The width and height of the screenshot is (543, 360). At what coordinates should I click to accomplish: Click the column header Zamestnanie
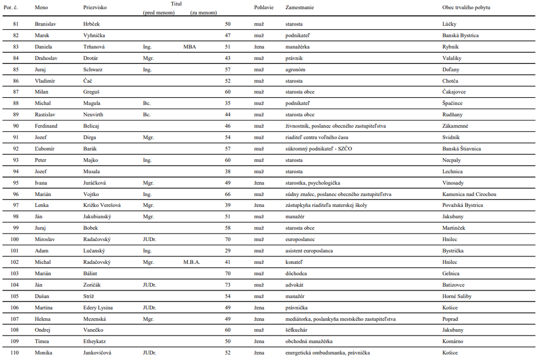pos(299,8)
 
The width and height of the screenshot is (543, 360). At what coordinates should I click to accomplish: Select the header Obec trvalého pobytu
pos(466,8)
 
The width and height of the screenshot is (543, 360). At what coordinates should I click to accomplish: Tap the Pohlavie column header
pos(264,8)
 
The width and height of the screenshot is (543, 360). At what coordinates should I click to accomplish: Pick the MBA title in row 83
pos(190,47)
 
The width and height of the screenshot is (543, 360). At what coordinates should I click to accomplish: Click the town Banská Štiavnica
pos(462,149)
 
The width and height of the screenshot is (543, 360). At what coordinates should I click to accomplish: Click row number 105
pos(15,296)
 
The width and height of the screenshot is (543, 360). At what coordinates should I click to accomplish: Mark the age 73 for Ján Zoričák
pos(228,285)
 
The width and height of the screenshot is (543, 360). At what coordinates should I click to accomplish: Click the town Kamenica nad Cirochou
pos(469,194)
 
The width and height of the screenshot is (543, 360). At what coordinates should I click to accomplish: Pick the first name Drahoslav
pos(47,58)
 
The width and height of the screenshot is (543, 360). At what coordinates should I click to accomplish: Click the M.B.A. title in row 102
pos(192,262)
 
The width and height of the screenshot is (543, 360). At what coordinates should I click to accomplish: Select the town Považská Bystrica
pos(463,205)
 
